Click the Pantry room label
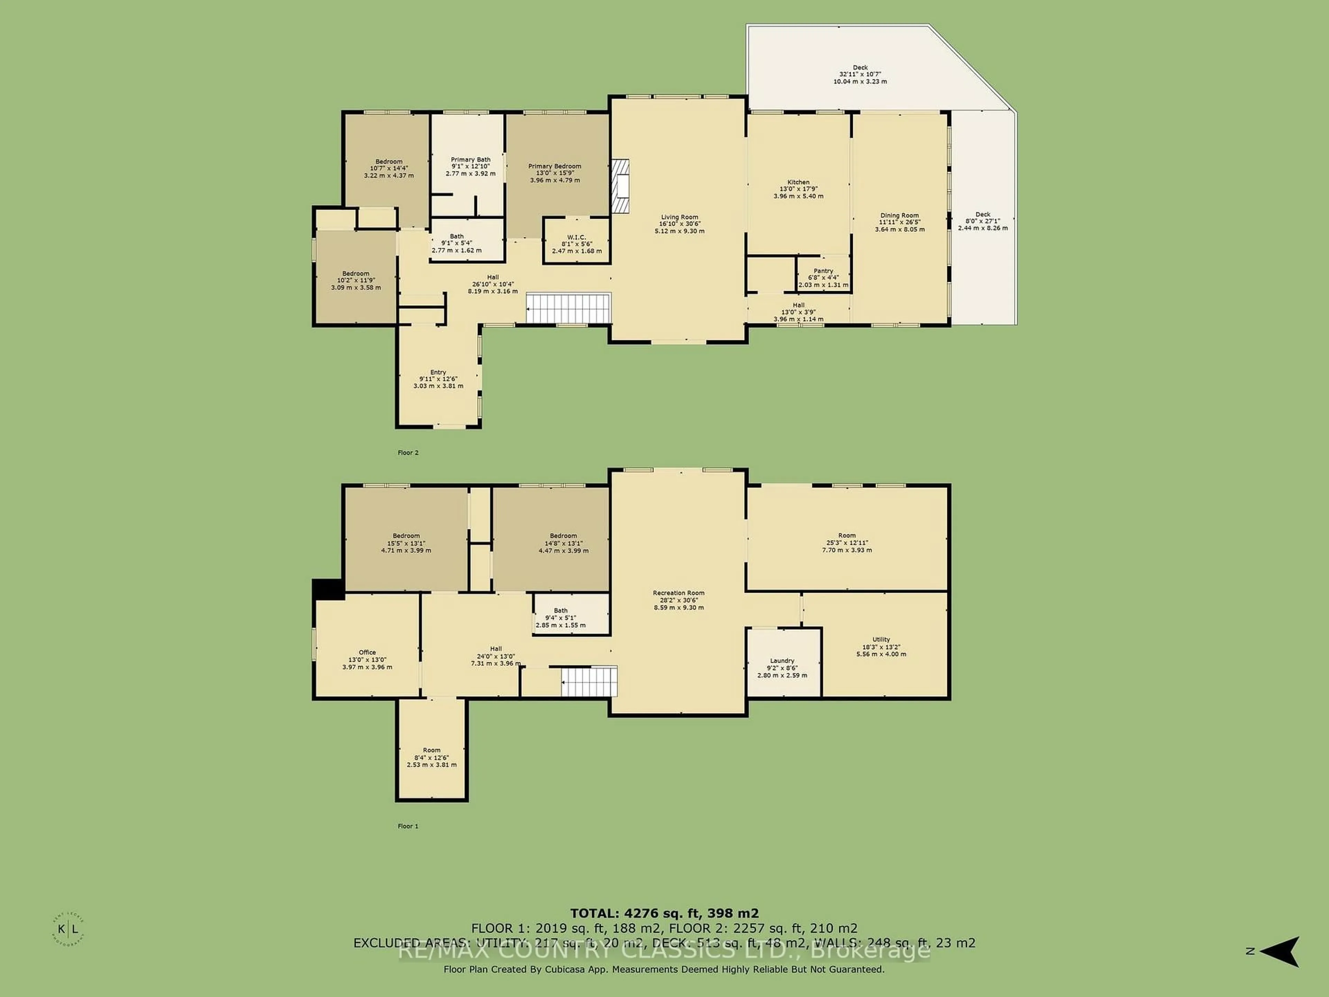823,271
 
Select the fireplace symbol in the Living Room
620,186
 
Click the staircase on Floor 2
568,308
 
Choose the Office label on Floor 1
367,652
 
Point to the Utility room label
881,639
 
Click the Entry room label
438,372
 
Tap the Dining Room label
899,215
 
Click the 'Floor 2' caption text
408,452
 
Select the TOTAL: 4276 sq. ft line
664,914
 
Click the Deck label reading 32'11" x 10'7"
860,74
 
